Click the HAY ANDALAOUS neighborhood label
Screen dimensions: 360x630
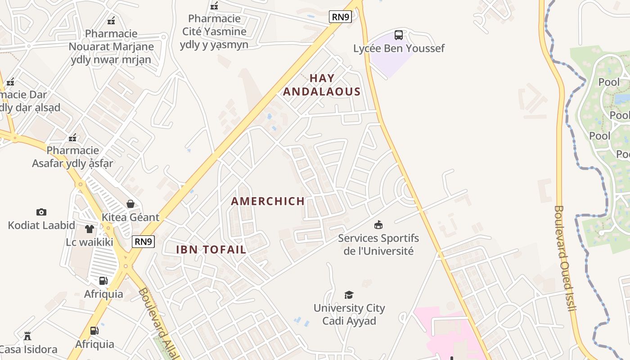(x=322, y=85)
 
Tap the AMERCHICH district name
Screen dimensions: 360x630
(x=268, y=201)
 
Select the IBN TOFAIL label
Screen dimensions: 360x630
(x=211, y=249)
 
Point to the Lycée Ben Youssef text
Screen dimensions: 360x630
(x=399, y=48)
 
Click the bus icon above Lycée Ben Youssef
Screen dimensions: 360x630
(x=399, y=35)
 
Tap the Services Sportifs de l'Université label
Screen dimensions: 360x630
(x=378, y=244)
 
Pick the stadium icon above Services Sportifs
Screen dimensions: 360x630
(x=378, y=225)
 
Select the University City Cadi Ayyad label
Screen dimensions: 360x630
(x=349, y=315)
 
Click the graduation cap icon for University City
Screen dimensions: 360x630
(x=349, y=295)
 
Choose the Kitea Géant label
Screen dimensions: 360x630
(x=130, y=217)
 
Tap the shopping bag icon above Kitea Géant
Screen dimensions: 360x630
(x=130, y=204)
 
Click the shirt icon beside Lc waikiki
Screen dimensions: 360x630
(x=89, y=229)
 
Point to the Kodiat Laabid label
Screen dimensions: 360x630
(x=41, y=225)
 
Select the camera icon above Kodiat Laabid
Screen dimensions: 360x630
(x=41, y=212)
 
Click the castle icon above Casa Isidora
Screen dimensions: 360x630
(x=27, y=336)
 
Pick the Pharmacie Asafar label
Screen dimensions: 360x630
(x=72, y=157)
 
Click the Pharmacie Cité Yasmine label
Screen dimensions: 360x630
(x=214, y=31)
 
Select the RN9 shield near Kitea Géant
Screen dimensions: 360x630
(x=144, y=242)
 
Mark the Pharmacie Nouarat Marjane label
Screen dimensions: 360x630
(x=111, y=46)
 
